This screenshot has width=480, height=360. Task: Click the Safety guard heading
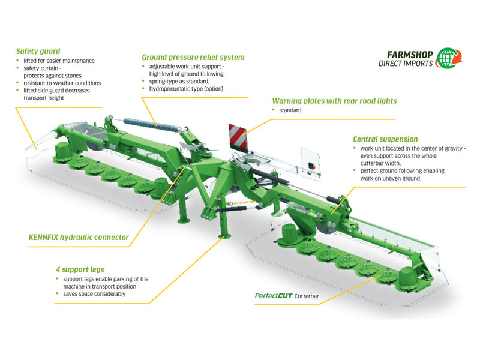[38, 52]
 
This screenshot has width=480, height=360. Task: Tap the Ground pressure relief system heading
[193, 57]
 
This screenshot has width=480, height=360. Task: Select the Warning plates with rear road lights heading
[334, 101]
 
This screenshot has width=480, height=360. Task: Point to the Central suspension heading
[385, 139]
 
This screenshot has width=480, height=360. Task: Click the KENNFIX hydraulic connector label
[79, 237]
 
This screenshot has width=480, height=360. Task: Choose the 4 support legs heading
[80, 269]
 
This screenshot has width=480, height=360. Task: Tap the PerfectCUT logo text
[274, 296]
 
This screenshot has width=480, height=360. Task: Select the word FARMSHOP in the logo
[410, 55]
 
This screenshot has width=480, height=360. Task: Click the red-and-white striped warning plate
[238, 137]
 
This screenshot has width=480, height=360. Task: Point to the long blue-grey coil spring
[151, 125]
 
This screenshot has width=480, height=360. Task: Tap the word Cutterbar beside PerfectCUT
[307, 296]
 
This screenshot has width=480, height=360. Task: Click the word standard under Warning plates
[290, 110]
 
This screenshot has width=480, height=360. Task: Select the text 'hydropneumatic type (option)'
[186, 89]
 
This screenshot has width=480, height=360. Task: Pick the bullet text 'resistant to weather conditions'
[62, 83]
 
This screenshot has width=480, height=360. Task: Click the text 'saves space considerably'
[94, 294]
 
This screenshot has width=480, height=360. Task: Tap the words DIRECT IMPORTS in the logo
[406, 64]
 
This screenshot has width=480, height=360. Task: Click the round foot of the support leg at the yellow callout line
[224, 236]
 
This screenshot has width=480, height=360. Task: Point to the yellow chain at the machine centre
[242, 202]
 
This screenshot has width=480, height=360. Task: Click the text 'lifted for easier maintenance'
[59, 61]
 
